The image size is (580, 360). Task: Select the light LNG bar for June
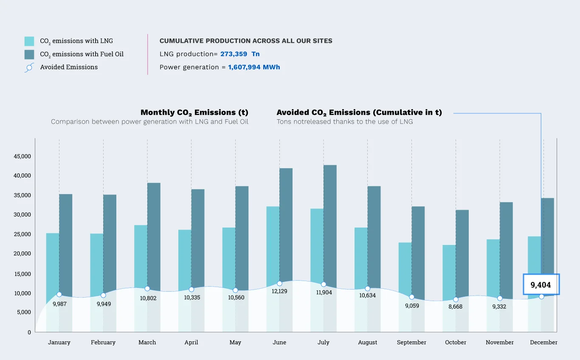pyautogui.click(x=273, y=242)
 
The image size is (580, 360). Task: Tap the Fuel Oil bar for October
pyautogui.click(x=462, y=250)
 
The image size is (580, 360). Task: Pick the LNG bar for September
pyautogui.click(x=405, y=267)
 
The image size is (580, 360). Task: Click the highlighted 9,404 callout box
pyautogui.click(x=541, y=284)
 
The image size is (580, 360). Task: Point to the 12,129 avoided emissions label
pyautogui.click(x=279, y=291)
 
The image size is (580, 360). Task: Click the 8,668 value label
pyautogui.click(x=456, y=307)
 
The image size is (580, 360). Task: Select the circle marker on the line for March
pyautogui.click(x=147, y=289)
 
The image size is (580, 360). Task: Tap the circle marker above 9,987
pyautogui.click(x=59, y=295)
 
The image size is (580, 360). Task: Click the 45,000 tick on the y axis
pyautogui.click(x=23, y=156)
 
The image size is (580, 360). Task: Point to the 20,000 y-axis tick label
pyautogui.click(x=23, y=254)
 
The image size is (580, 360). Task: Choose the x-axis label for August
pyautogui.click(x=367, y=343)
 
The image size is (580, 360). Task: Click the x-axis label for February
pyautogui.click(x=103, y=343)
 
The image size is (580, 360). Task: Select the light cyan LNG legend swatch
pyautogui.click(x=29, y=41)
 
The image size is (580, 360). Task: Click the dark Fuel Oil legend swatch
pyautogui.click(x=29, y=54)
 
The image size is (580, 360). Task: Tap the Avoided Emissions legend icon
pyautogui.click(x=29, y=67)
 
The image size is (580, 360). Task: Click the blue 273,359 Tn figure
pyautogui.click(x=240, y=54)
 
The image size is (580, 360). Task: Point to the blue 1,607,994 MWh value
pyautogui.click(x=254, y=67)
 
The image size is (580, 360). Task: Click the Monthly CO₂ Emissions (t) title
pyautogui.click(x=194, y=112)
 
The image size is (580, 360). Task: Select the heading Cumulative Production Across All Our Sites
pyautogui.click(x=246, y=41)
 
